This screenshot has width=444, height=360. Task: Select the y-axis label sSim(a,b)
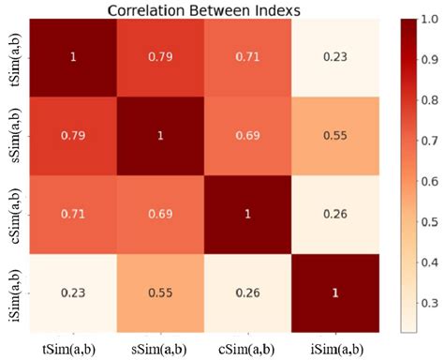tap(10, 135)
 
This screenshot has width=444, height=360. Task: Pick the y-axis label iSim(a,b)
tap(10, 292)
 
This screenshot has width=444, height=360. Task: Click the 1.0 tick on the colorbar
tap(428, 18)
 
